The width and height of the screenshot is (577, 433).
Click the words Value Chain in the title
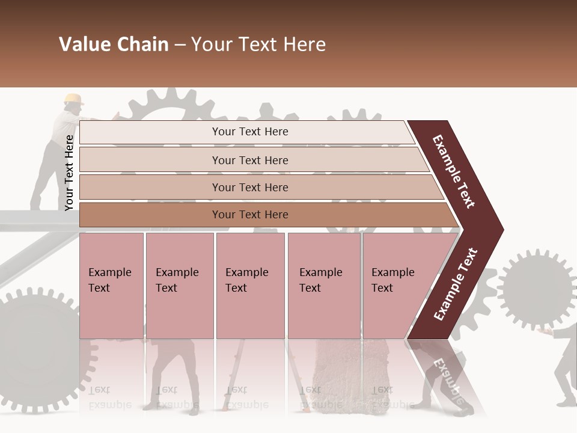(114, 45)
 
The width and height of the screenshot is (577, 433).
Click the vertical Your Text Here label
(69, 173)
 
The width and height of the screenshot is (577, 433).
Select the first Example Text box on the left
(111, 285)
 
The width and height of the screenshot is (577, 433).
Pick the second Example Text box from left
(179, 285)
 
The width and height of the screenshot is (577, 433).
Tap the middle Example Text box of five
(250, 285)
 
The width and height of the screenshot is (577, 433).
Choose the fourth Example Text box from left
(323, 285)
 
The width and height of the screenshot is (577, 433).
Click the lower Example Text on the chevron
(456, 284)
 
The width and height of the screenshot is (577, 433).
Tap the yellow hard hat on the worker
(73, 99)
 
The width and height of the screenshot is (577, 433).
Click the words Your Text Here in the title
(258, 45)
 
